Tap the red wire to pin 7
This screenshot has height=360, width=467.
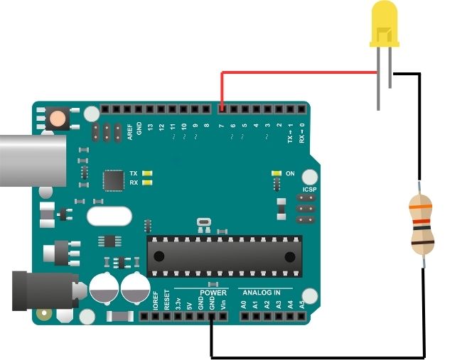(x=299, y=72)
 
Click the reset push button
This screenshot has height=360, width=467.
(x=57, y=118)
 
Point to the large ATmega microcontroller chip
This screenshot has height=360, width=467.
(x=224, y=256)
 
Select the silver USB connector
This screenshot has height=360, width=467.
(x=32, y=162)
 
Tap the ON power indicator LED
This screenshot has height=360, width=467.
(x=277, y=173)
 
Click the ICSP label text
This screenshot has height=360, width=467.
(x=309, y=190)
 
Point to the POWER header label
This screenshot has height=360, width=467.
(x=213, y=293)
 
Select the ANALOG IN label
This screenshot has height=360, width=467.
(x=262, y=293)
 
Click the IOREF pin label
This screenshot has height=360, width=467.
(x=156, y=302)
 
